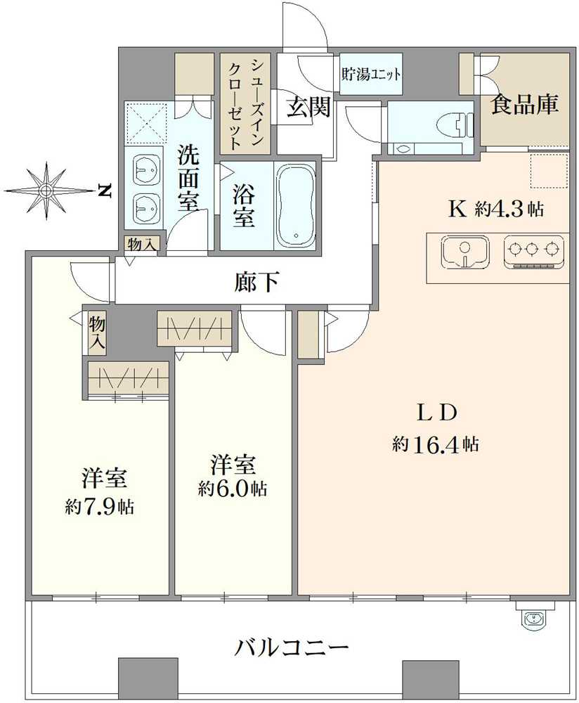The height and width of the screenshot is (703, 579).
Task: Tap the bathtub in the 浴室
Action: (295, 205)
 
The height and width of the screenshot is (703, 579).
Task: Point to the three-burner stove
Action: (533, 252)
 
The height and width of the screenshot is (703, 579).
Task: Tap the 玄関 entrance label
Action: (308, 107)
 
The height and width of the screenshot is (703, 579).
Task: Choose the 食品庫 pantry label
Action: (525, 104)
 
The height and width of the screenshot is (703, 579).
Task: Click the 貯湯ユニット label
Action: (371, 74)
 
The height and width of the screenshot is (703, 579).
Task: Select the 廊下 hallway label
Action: (256, 282)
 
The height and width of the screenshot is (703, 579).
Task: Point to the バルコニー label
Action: (292, 647)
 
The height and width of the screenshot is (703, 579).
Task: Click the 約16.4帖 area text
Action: (436, 444)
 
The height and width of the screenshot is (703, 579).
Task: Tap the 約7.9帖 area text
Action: (99, 506)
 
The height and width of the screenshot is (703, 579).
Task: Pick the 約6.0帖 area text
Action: (233, 489)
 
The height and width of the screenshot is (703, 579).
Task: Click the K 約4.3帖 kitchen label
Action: (497, 209)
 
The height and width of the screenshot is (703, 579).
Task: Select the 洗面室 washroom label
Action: (189, 178)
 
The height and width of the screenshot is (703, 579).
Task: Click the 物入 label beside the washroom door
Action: (141, 245)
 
